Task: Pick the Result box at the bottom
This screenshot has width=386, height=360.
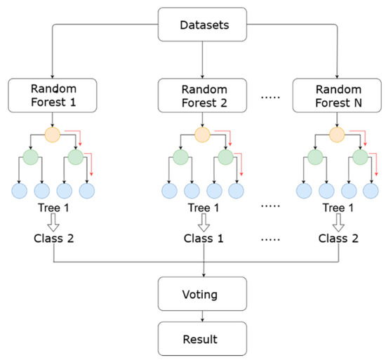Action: pyautogui.click(x=203, y=338)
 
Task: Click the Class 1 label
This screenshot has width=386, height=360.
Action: pyautogui.click(x=203, y=237)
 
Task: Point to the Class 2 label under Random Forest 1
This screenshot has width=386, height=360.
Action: pyautogui.click(x=54, y=237)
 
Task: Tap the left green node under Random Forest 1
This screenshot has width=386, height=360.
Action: pyautogui.click(x=30, y=158)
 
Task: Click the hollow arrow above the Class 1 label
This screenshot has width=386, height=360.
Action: pyautogui.click(x=203, y=222)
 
